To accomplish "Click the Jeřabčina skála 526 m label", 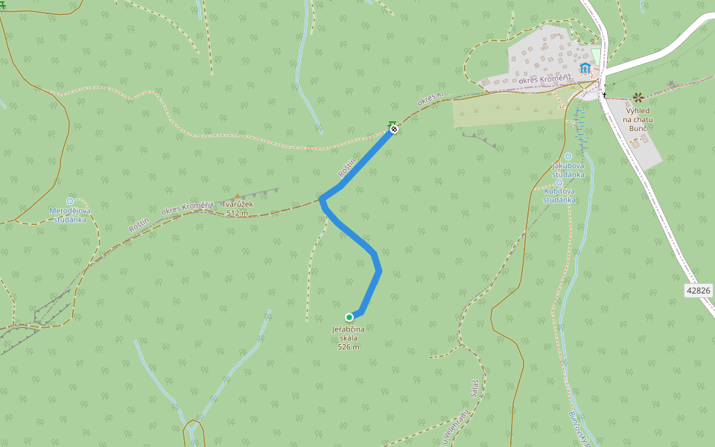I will click(x=349, y=337).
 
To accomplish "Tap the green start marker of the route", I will click(x=349, y=317).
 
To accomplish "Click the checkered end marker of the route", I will click(x=394, y=130).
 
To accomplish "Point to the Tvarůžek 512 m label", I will click(x=238, y=209).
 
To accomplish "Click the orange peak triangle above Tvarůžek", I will click(x=238, y=197).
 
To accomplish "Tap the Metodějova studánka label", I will click(x=69, y=215).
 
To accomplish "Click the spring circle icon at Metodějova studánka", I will click(x=70, y=200).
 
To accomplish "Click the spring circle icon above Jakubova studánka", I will click(x=568, y=156).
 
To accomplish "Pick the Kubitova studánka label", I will click(x=559, y=195).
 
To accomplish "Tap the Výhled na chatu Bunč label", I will click(x=638, y=119).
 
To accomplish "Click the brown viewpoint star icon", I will click(x=638, y=98).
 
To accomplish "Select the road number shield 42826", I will click(x=699, y=290).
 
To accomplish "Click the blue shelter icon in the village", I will click(x=585, y=68).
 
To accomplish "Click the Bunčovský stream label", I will click(x=578, y=428).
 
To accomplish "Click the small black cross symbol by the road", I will click(x=604, y=95).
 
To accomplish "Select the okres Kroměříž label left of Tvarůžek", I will click(x=188, y=206).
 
